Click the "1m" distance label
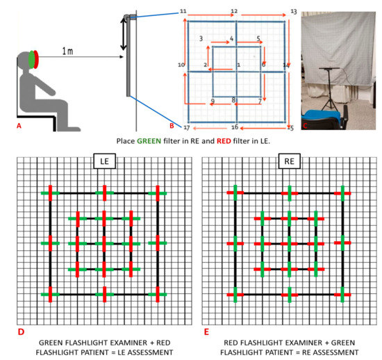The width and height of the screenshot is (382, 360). pos(67,51)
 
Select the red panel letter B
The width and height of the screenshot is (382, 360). pos(172,126)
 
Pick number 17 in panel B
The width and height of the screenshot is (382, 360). pos(185,129)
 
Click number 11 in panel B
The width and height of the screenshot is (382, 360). pos(183,12)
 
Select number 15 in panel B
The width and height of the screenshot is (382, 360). pos(290,128)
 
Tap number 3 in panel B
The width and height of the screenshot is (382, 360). pos(200,38)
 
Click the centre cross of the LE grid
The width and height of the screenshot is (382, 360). pos(103,243)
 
